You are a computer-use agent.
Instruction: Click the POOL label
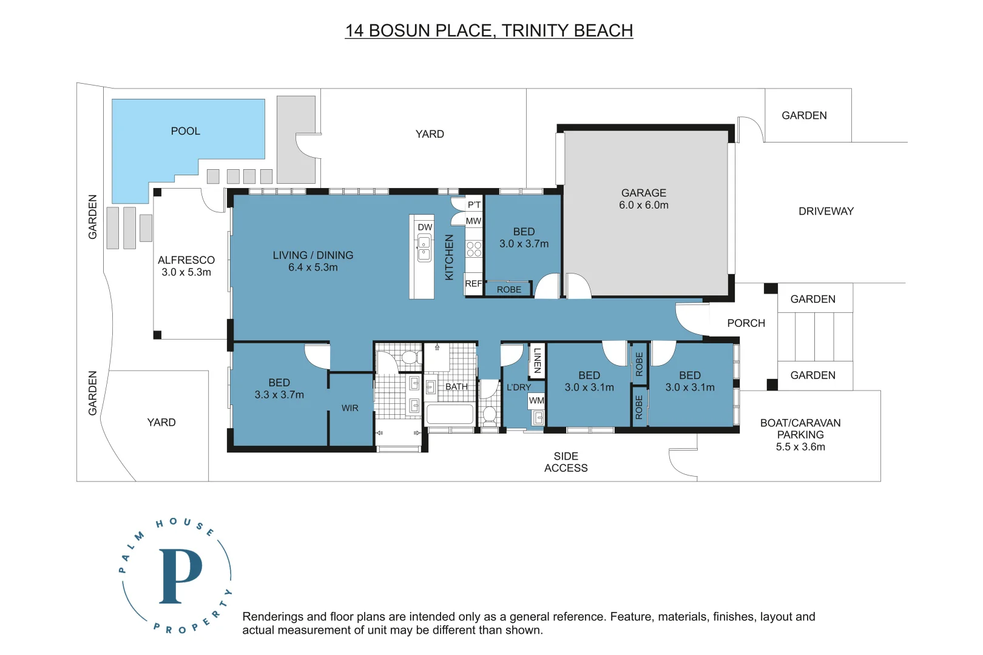185,131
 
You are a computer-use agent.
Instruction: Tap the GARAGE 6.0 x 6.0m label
643,199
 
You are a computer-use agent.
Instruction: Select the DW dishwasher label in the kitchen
425,227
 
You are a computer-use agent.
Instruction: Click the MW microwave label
473,221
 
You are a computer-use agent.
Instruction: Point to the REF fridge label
473,283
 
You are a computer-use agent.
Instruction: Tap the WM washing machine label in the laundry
536,400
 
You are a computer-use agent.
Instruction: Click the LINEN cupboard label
537,360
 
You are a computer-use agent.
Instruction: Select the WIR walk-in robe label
350,408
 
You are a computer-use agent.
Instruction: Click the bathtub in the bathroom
450,415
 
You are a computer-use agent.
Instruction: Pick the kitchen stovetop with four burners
474,249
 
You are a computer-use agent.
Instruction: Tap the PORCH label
746,323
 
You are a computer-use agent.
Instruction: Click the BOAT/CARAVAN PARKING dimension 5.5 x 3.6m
800,447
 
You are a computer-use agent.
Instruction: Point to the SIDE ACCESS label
566,462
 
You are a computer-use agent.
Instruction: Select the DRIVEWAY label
825,211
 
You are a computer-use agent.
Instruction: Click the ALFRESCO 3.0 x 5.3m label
186,266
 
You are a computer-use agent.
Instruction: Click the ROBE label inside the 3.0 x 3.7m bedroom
508,289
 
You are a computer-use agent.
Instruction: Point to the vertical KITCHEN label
449,257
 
